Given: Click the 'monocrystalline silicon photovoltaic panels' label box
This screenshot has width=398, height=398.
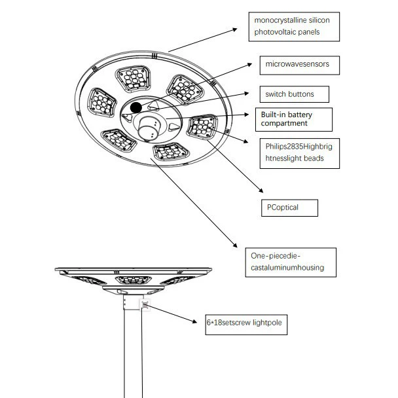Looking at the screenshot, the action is (x=294, y=27).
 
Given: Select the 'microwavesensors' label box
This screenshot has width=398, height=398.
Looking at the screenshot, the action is (x=300, y=65).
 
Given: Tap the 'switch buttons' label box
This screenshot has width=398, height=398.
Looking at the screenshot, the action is (x=295, y=94).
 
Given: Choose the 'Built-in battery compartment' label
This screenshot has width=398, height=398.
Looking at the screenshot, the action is (x=294, y=120).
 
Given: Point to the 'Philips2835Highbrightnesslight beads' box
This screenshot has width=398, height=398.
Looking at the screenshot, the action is (x=300, y=153).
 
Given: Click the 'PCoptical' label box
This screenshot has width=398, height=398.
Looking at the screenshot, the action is (x=289, y=208).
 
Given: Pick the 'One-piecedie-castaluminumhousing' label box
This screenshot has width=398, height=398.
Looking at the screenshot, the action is (x=291, y=262).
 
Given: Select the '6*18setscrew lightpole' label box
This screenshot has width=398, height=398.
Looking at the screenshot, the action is (x=246, y=325).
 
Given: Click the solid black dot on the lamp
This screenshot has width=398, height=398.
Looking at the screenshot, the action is (x=136, y=107).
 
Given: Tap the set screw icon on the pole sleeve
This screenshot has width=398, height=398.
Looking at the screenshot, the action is (x=145, y=305).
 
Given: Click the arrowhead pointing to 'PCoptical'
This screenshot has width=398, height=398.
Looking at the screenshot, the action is (x=261, y=190).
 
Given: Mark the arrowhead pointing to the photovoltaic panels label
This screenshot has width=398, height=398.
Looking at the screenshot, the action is (x=235, y=29).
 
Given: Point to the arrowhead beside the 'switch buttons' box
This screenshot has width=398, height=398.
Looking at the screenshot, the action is (x=247, y=94).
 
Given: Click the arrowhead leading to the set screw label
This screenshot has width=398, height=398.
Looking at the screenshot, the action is (x=194, y=321).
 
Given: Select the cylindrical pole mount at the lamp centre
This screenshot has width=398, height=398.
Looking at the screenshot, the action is (x=147, y=129).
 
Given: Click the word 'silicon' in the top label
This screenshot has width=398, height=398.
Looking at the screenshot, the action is (x=319, y=20).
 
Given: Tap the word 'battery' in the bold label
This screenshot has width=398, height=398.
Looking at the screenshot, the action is (x=300, y=115).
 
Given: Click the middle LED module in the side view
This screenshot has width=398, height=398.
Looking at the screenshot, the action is (x=134, y=280).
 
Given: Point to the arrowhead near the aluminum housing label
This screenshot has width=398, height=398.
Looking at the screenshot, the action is (x=235, y=245).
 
